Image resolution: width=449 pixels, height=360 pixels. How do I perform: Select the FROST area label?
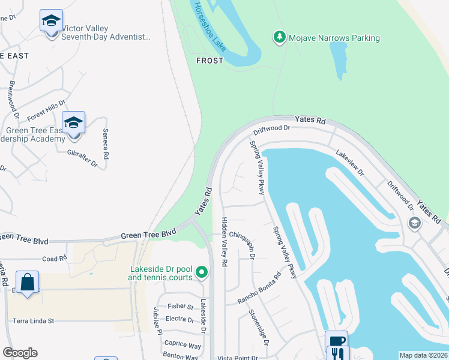[x=209, y=61]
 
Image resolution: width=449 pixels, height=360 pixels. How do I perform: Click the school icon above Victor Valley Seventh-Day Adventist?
[x=52, y=22]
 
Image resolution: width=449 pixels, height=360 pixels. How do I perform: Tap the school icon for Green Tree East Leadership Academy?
[x=73, y=123]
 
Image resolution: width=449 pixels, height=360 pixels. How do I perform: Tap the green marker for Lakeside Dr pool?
[x=202, y=273]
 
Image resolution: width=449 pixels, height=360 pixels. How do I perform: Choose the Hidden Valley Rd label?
[x=224, y=242]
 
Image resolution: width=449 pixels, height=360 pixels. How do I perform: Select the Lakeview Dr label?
[x=350, y=163]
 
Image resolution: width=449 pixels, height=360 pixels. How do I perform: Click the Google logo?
[x=20, y=353]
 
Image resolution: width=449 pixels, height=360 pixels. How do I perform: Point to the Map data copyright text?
[x=423, y=355]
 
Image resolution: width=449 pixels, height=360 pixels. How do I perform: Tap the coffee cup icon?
[x=337, y=340]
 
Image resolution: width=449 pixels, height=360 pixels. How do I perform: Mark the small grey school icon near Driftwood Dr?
[x=414, y=223]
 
